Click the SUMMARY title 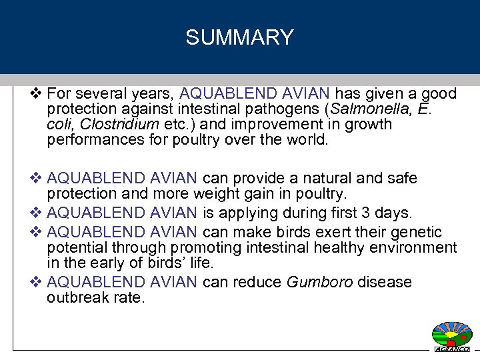(x=239, y=37)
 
